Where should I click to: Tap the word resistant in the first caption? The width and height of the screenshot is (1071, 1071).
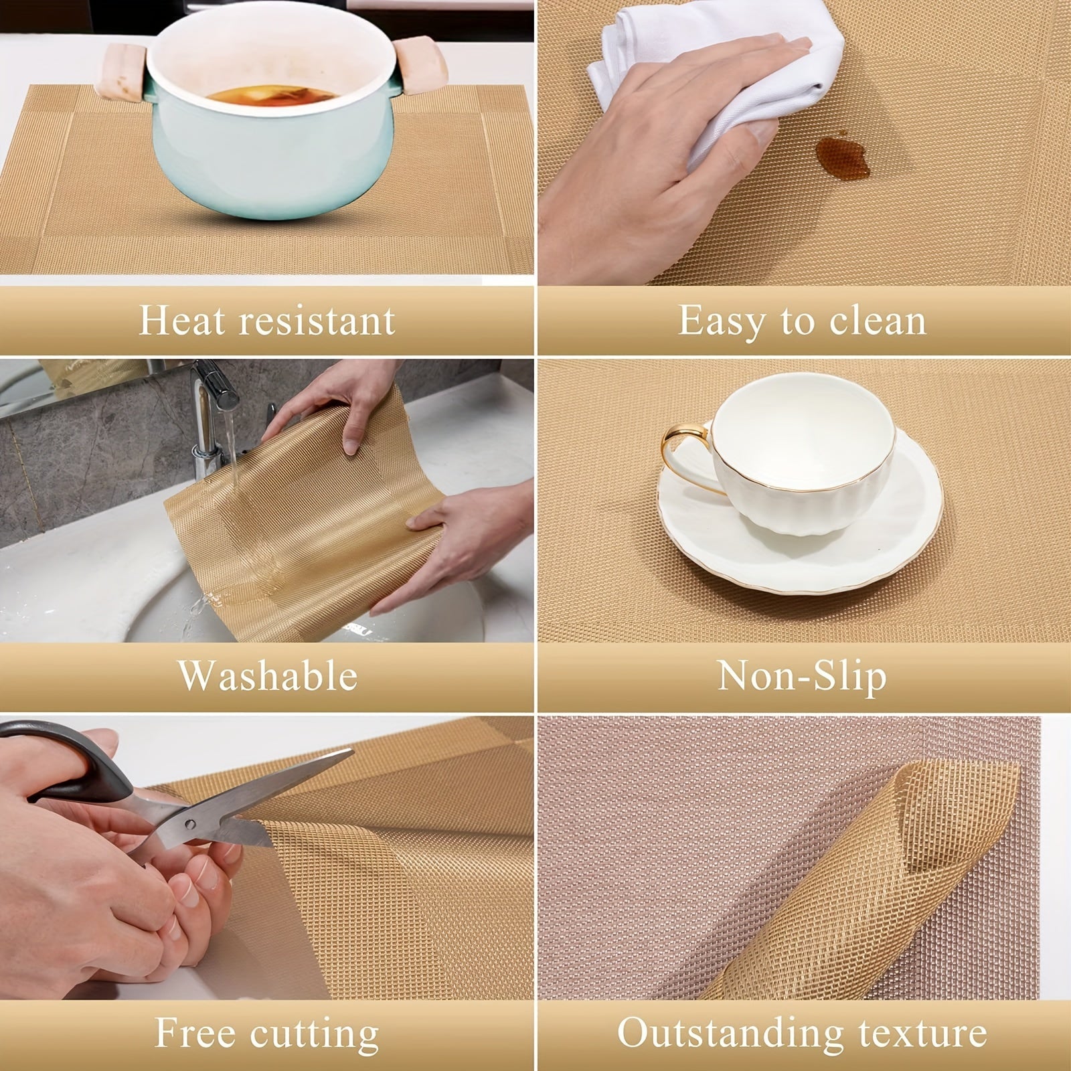(318, 321)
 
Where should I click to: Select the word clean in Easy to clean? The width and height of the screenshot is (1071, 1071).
(878, 321)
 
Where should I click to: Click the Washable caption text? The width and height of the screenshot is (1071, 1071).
(268, 675)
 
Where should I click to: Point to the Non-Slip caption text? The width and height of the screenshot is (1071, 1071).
(802, 675)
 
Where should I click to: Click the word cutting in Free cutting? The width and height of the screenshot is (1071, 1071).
(314, 1033)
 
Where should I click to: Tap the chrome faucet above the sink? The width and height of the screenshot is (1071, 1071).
(208, 395)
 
